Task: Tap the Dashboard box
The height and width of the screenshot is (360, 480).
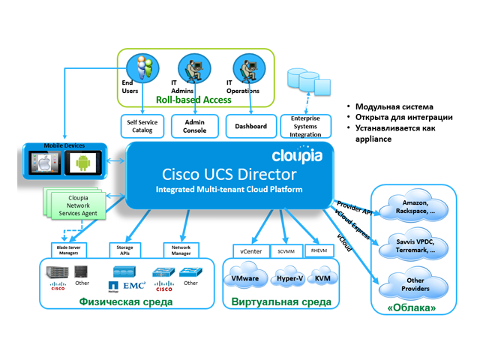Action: (250, 126)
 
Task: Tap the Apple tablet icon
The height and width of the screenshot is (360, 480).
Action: (43, 160)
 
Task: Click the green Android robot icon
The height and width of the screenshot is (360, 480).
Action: (82, 160)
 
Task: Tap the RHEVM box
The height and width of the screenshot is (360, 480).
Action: (319, 250)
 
